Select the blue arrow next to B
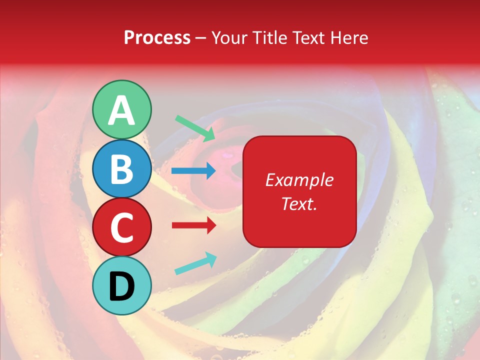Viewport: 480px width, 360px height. pos(193,171)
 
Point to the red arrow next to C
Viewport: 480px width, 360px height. pos(194,225)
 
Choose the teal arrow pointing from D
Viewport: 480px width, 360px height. pos(195,264)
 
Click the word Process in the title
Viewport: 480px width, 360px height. pos(157,37)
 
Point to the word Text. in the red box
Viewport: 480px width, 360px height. pos(299,204)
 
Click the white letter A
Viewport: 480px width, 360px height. pos(121,110)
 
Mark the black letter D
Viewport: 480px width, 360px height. pos(121,286)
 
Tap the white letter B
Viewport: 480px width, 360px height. pos(121,169)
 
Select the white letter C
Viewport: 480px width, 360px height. pos(121,227)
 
